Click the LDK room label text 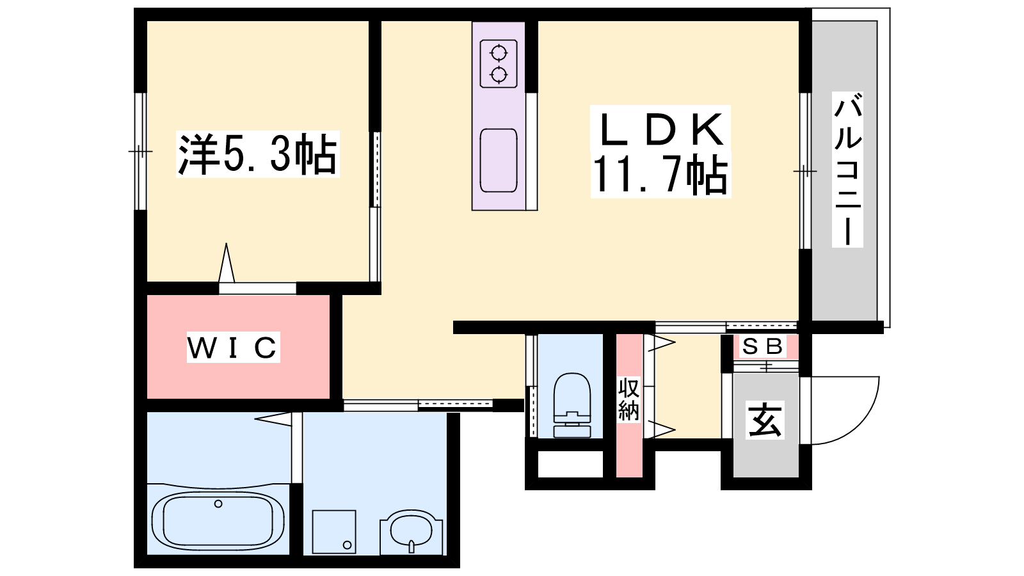click(660, 130)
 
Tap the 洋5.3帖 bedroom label click(257, 154)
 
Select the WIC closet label click(233, 348)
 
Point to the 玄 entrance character click(765, 419)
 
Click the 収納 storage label click(628, 399)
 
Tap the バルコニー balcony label click(847, 169)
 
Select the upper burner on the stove click(499, 53)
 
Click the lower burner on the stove click(499, 74)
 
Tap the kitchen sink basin click(499, 161)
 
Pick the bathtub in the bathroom click(218, 521)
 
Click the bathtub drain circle click(218, 504)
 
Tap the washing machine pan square click(333, 532)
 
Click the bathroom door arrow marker click(273, 419)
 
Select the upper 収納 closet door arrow click(660, 343)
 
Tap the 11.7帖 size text click(660, 176)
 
